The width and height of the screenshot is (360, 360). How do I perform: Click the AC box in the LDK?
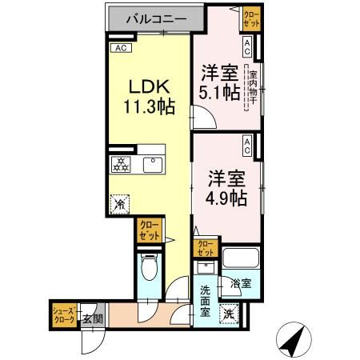[x=121, y=48]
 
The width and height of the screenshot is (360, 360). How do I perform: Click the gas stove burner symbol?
[x=121, y=165]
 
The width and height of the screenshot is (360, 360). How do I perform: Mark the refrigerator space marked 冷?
[x=120, y=204]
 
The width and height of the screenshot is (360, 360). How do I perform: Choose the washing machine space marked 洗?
[x=230, y=314]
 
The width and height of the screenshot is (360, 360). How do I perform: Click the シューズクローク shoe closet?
[x=64, y=314]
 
